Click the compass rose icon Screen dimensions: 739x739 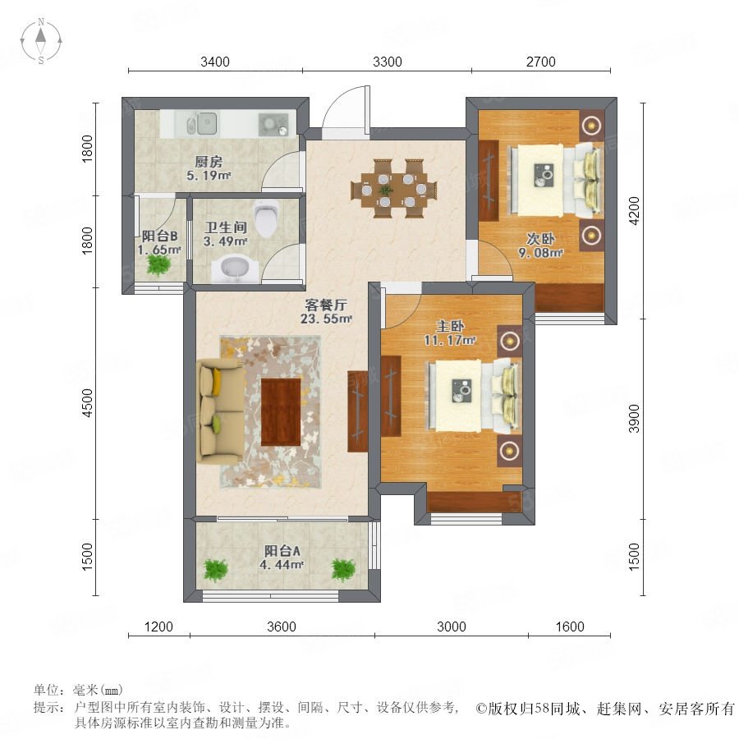41,41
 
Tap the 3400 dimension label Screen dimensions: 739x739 215,62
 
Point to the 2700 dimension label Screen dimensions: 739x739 540,62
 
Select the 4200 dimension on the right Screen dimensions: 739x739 635,211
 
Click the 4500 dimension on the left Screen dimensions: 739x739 88,402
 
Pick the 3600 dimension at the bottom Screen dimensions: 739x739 282,627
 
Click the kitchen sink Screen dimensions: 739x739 202,123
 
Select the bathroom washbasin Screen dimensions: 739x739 235,269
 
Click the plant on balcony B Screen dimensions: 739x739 158,265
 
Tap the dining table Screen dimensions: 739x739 394,189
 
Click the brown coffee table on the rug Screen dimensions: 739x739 281,412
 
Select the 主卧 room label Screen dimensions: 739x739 450,326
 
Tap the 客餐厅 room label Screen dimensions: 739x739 326,305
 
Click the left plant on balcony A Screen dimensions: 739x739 216,570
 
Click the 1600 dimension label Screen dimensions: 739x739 570,627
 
